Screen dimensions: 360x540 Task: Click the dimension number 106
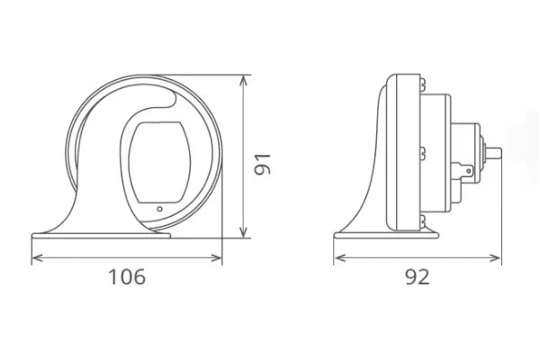click(126, 276)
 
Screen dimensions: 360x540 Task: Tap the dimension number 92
click(417, 276)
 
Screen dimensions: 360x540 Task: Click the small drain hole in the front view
click(159, 209)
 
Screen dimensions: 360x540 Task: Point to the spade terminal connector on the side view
click(465, 167)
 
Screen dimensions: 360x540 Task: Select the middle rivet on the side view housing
click(419, 152)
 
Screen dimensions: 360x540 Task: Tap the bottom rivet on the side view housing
click(419, 219)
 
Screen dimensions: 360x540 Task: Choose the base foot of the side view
click(387, 236)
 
